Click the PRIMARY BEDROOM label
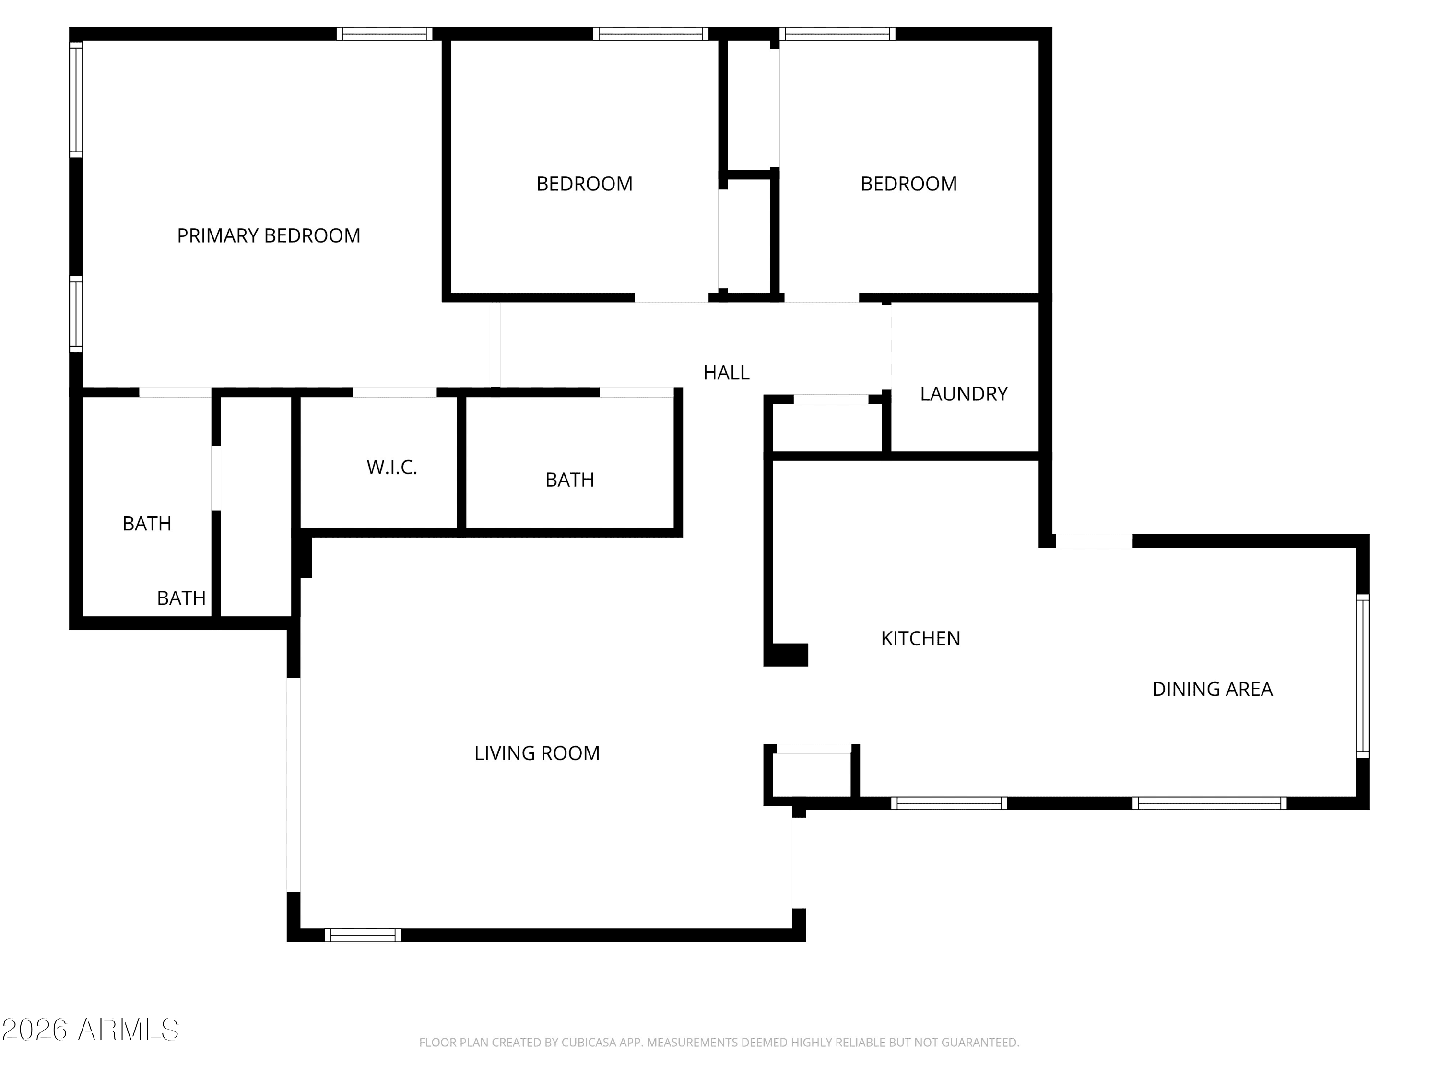click(269, 235)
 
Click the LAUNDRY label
click(964, 394)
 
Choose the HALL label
click(726, 373)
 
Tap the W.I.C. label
click(391, 468)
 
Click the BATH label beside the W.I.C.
click(570, 480)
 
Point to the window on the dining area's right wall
click(1363, 676)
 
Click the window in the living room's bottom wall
click(363, 935)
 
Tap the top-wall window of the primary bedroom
click(385, 34)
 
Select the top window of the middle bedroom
click(650, 34)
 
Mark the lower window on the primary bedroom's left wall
click(76, 314)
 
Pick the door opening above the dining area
click(1094, 541)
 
